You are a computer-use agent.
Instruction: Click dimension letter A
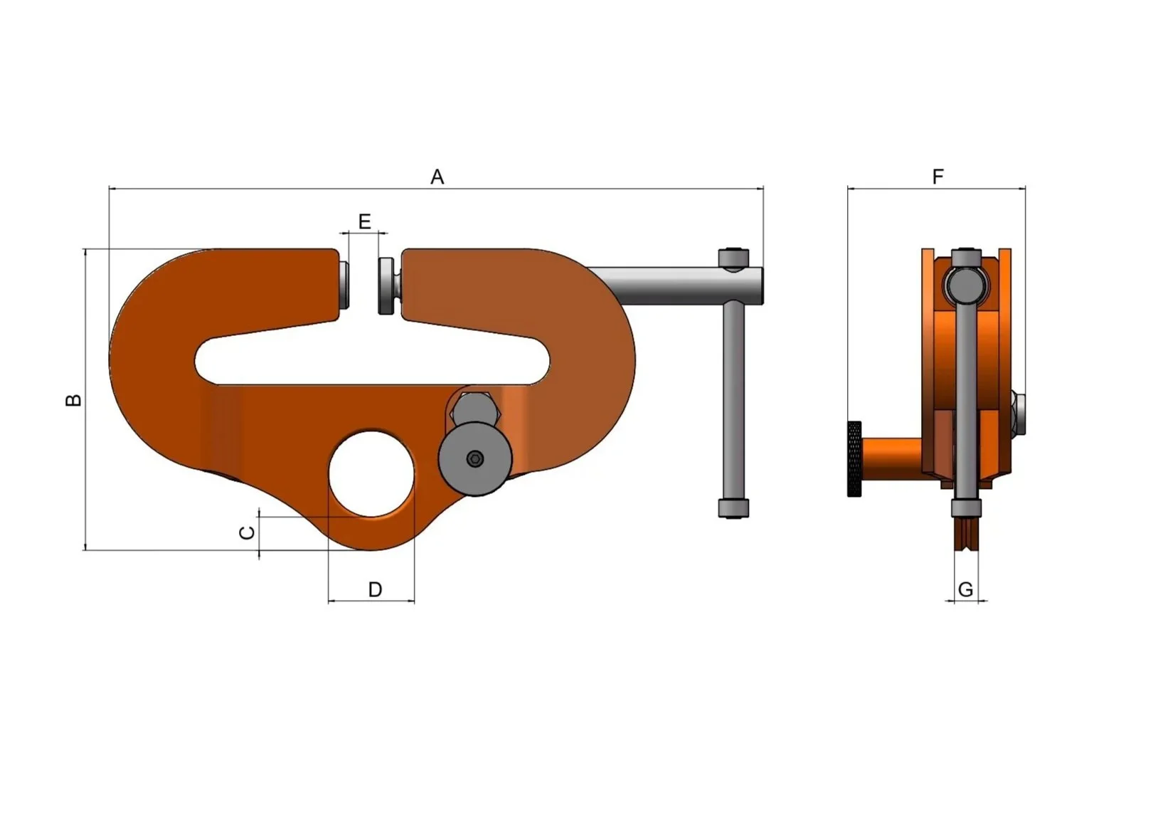tap(437, 177)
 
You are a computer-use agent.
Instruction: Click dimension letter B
tap(73, 400)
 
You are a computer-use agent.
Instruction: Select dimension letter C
tap(247, 533)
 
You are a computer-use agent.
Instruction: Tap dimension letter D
tap(375, 589)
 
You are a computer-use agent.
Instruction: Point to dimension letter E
tap(364, 222)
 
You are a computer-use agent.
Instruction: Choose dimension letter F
tap(937, 177)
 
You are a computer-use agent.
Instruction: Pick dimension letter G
tap(965, 589)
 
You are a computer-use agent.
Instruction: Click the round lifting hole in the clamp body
tap(371, 473)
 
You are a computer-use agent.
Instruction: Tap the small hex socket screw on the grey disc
tap(475, 459)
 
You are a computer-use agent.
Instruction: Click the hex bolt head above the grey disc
tap(475, 409)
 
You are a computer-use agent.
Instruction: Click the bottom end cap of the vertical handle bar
tap(733, 508)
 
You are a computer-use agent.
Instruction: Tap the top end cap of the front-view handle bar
tap(733, 257)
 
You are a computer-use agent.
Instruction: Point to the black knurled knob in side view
tap(854, 459)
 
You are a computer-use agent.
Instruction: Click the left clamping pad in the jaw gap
tap(344, 285)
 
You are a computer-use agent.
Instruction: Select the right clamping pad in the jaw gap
tap(388, 285)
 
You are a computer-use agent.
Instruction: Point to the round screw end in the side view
tap(966, 285)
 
